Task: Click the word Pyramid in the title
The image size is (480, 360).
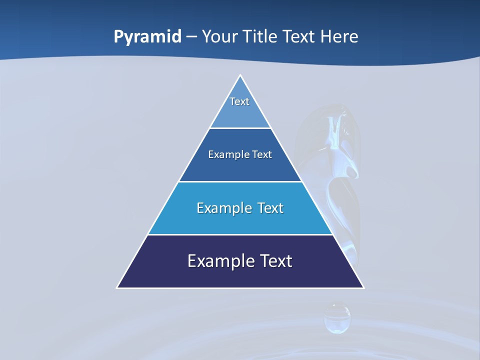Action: point(147,37)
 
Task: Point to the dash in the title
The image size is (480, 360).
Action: point(191,37)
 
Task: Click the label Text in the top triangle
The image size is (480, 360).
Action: point(239,101)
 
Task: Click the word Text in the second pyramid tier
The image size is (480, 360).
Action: point(262,154)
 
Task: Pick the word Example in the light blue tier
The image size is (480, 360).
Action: point(223,208)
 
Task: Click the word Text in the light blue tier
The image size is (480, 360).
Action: point(270,208)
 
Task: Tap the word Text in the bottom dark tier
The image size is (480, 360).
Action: point(275,261)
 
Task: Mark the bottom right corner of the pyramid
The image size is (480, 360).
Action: point(363,287)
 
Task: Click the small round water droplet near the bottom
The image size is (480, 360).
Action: point(337,318)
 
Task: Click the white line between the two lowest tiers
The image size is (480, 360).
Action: point(240,234)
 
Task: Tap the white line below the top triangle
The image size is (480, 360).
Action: point(240,128)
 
